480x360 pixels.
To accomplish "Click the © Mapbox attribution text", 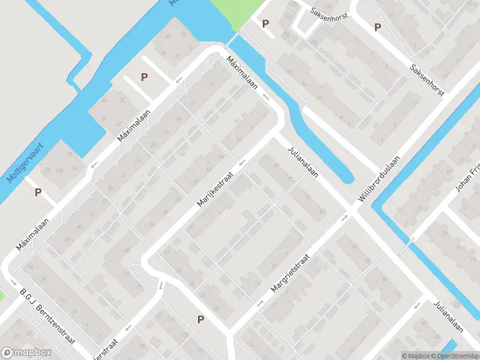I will [416, 356].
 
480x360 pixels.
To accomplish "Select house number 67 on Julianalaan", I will [322, 211].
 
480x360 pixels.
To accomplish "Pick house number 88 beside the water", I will [104, 100].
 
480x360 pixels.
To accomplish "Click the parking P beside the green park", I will [265, 23].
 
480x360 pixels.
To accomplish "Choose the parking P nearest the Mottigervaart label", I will [38, 193].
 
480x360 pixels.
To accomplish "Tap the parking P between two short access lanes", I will [144, 77].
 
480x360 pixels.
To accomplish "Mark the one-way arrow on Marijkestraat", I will [242, 163].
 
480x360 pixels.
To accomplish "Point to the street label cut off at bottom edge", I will [105, 351].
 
